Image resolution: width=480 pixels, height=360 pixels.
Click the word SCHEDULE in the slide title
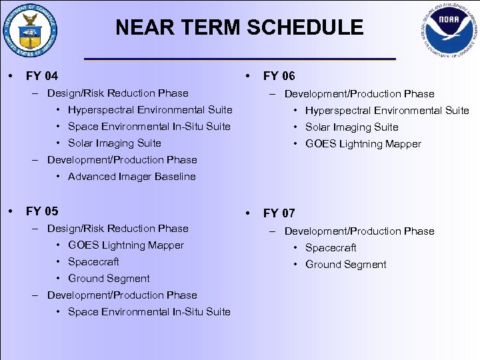pyautogui.click(x=300, y=27)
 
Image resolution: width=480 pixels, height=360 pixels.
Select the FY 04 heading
pyautogui.click(x=41, y=76)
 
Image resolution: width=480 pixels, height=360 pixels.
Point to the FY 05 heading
pyautogui.click(x=41, y=211)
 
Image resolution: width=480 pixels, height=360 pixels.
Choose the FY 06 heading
pyautogui.click(x=279, y=76)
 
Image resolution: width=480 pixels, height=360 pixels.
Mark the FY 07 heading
pyautogui.click(x=279, y=213)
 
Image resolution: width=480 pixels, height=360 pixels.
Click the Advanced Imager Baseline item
pyautogui.click(x=131, y=177)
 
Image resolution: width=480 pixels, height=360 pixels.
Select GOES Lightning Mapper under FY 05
pyautogui.click(x=125, y=245)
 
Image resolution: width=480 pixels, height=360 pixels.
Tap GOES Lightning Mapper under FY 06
pyautogui.click(x=363, y=144)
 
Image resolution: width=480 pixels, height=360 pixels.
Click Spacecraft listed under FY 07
pyautogui.click(x=331, y=248)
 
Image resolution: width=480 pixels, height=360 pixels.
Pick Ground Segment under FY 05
pyautogui.click(x=109, y=279)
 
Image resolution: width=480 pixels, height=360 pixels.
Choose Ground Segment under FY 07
pyautogui.click(x=345, y=265)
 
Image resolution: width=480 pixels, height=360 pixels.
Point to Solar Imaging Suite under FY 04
pyautogui.click(x=114, y=143)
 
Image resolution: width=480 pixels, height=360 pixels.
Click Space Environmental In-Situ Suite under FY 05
pyautogui.click(x=149, y=312)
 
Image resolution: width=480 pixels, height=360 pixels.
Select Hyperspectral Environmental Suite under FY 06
pyautogui.click(x=387, y=111)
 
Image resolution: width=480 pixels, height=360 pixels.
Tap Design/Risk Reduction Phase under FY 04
pyautogui.click(x=117, y=93)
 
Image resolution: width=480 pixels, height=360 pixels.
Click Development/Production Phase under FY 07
pyautogui.click(x=359, y=231)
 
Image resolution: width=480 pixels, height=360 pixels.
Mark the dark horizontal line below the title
pyautogui.click(x=240, y=59)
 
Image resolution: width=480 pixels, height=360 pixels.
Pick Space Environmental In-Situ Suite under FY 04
pyautogui.click(x=149, y=127)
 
